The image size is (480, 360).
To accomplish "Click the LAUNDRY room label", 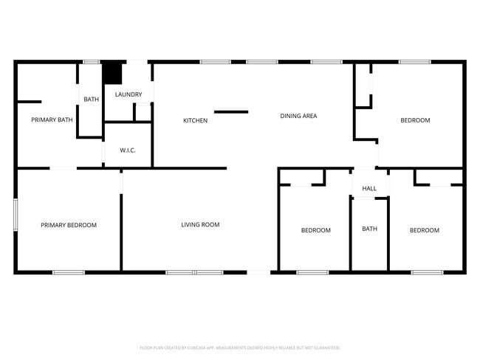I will [128, 94].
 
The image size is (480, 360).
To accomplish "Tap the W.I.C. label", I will [127, 150].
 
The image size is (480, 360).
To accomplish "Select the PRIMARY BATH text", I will [52, 119].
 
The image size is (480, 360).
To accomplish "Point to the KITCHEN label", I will [195, 120].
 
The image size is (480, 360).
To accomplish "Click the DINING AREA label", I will [298, 116].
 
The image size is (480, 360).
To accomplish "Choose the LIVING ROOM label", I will [200, 224].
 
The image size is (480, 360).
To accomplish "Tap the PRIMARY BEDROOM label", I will [69, 225].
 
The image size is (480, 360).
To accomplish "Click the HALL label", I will [369, 188].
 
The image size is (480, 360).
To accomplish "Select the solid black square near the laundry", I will [112, 72].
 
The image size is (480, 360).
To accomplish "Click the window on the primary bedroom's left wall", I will [16, 215].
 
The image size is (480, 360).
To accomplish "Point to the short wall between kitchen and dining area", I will [231, 112].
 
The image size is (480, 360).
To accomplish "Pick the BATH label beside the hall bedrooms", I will [369, 229].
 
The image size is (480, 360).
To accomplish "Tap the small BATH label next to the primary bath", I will [91, 100].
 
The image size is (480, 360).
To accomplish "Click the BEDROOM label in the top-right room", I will [415, 120].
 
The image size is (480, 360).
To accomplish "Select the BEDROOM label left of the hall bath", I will [315, 230].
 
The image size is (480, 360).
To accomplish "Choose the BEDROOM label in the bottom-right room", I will [424, 230].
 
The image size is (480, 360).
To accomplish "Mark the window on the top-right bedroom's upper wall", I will [414, 62].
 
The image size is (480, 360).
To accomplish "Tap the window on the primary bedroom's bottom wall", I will [68, 272].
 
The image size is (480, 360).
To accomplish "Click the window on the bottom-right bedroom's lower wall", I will [427, 272].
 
